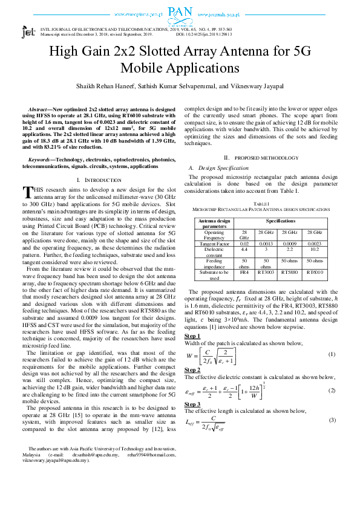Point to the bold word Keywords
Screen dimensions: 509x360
click(x=42, y=160)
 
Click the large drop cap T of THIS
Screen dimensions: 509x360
click(x=27, y=192)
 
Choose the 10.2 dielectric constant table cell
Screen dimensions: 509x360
click(x=314, y=248)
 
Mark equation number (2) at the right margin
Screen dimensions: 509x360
click(x=332, y=390)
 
